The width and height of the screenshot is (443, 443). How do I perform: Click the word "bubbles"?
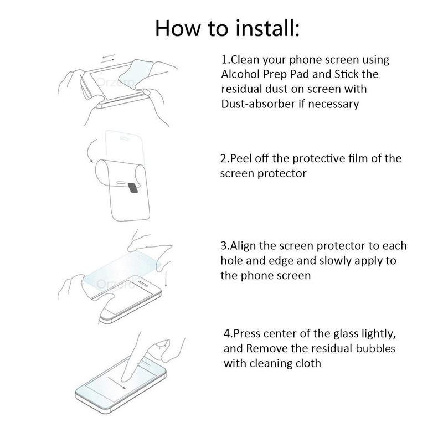(376, 349)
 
